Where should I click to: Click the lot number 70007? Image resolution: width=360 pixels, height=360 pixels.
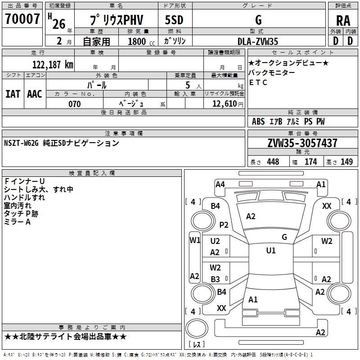tap(22, 19)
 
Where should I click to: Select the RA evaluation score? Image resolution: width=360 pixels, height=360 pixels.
tap(343, 21)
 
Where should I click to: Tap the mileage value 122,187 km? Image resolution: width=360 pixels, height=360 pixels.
tap(53, 65)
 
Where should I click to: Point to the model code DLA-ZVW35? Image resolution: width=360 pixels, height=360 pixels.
tap(258, 41)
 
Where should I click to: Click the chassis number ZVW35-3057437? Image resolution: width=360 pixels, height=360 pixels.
tap(302, 143)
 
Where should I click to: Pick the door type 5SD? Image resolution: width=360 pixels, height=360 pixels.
tap(174, 20)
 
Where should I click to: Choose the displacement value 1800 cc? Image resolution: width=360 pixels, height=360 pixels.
tap(141, 41)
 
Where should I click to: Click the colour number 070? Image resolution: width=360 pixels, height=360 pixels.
tap(75, 104)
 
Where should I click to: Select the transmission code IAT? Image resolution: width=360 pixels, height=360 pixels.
tap(13, 94)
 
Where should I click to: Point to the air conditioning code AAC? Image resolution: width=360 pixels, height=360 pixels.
tap(35, 94)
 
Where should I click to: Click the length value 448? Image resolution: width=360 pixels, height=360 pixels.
tap(273, 162)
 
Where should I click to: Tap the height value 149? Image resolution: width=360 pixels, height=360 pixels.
tap(346, 162)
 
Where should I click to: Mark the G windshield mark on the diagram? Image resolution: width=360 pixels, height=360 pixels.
tap(284, 237)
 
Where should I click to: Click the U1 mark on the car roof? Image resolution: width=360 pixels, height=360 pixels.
tap(271, 250)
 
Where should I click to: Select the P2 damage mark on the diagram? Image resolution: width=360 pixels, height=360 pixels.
tap(224, 225)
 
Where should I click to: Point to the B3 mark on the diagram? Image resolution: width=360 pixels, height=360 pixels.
tap(216, 279)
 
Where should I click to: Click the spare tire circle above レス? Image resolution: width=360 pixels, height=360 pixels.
tap(197, 328)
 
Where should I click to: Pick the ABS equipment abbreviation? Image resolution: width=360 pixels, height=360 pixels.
tap(258, 121)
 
